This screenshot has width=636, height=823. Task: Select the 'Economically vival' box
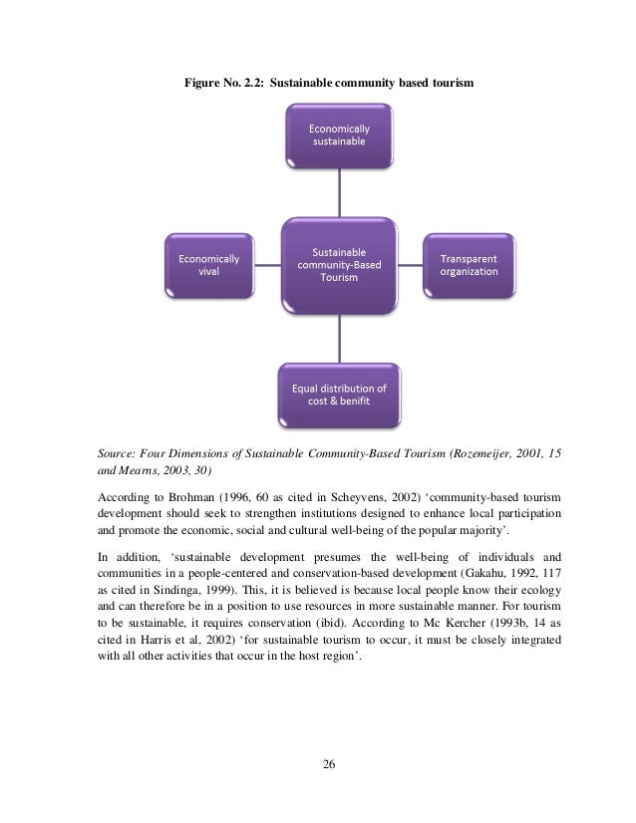[208, 266]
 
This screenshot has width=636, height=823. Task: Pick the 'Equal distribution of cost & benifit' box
[339, 393]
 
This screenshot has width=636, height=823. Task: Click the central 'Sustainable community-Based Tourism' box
[339, 264]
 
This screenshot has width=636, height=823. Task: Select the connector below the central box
[339, 336]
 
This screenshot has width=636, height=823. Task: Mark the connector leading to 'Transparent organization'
[411, 266]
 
